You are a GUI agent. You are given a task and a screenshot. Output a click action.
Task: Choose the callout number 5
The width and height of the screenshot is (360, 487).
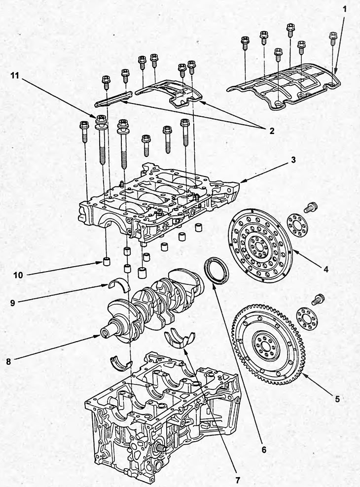click(x=337, y=399)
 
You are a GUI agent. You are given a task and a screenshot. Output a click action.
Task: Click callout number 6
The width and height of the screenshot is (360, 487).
click(x=263, y=450)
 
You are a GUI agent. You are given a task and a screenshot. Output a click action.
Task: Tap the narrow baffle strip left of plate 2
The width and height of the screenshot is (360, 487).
click(x=112, y=98)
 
